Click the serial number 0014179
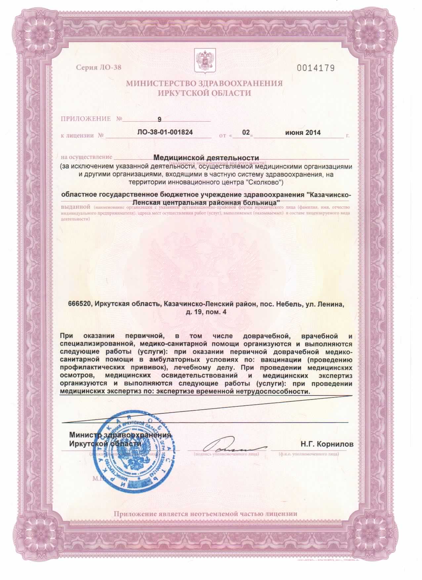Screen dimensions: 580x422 pyautogui.click(x=316, y=68)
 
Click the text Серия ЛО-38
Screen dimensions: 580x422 pyautogui.click(x=99, y=67)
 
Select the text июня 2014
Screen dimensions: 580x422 pyautogui.click(x=303, y=133)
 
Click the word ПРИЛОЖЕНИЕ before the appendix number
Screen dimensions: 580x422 pyautogui.click(x=86, y=119)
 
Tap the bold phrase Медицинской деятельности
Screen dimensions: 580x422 pyautogui.click(x=206, y=158)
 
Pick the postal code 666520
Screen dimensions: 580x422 pyautogui.click(x=79, y=303)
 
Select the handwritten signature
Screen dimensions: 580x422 pyautogui.click(x=228, y=447)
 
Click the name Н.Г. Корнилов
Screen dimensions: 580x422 pyautogui.click(x=327, y=444)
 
